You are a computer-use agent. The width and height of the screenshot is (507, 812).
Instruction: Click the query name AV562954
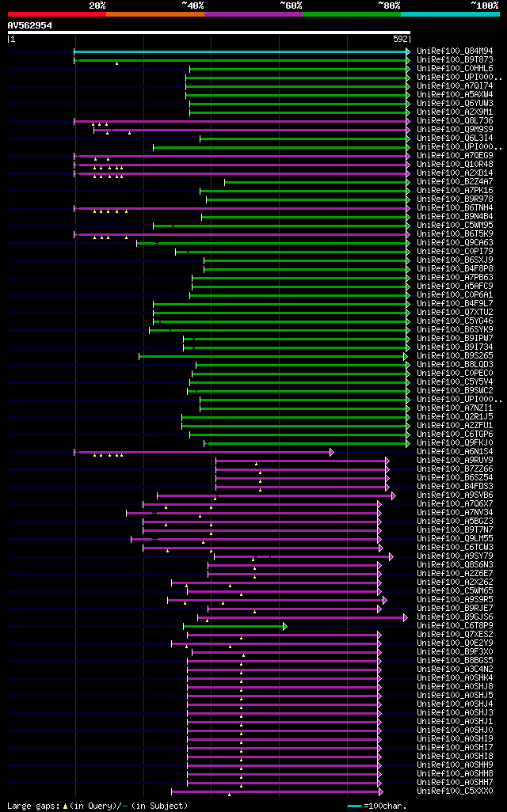click(x=30, y=25)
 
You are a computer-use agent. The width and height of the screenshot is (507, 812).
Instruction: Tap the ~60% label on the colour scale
click(x=291, y=5)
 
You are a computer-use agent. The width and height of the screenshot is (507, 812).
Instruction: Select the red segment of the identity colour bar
click(x=56, y=13)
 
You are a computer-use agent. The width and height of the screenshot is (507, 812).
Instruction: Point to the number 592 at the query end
click(x=400, y=38)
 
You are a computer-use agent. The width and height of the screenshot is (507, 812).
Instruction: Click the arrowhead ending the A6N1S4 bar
click(x=332, y=452)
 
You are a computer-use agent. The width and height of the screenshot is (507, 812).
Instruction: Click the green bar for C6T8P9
click(x=233, y=626)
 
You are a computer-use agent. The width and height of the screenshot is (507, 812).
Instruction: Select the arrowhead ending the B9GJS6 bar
click(x=406, y=617)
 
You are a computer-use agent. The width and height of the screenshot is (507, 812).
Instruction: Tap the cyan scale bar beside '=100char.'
click(x=353, y=806)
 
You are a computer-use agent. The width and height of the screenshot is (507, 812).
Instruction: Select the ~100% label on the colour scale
click(x=484, y=5)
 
